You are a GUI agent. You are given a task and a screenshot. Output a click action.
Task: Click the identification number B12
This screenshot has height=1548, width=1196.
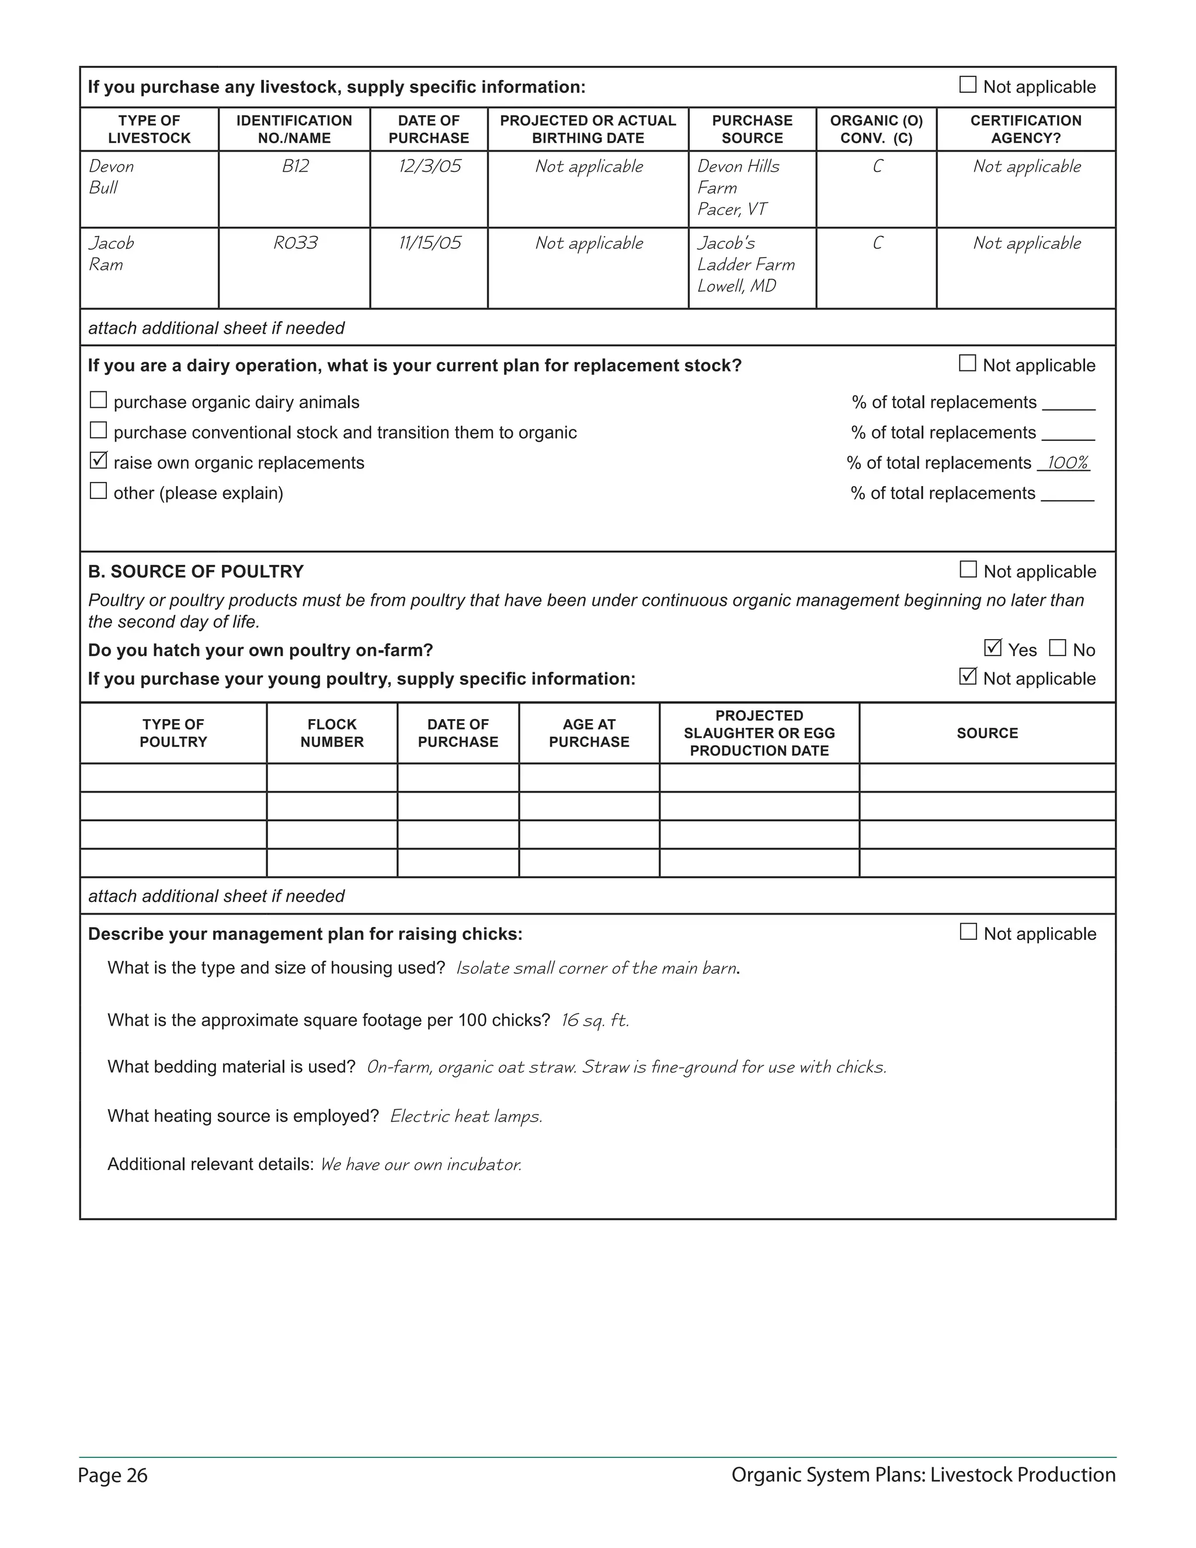tap(295, 166)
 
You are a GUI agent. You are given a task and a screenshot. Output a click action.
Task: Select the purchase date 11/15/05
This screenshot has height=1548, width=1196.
tap(429, 243)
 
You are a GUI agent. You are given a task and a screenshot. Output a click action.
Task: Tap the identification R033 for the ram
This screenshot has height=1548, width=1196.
tap(295, 243)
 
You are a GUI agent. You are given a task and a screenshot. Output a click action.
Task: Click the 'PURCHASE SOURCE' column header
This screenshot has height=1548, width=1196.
tap(752, 129)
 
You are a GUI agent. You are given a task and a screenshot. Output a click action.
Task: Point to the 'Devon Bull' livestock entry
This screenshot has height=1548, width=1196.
tap(111, 177)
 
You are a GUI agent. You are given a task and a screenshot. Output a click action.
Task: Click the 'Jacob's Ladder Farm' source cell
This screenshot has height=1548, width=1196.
tap(745, 265)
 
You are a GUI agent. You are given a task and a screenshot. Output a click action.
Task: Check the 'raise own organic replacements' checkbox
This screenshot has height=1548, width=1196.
tap(99, 461)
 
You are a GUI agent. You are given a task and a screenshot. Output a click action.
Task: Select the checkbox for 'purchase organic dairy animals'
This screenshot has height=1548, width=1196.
tap(99, 401)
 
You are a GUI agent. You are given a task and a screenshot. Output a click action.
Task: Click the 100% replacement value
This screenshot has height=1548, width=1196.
tap(1067, 463)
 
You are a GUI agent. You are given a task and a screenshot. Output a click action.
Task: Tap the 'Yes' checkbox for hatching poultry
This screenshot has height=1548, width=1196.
tap(993, 648)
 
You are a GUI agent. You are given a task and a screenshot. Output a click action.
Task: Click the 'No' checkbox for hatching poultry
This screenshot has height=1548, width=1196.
tap(1057, 648)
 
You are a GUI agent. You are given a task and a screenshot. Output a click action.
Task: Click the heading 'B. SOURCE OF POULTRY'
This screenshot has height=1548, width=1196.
tap(196, 571)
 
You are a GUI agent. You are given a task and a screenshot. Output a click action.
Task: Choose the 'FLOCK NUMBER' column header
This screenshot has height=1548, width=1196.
tap(332, 733)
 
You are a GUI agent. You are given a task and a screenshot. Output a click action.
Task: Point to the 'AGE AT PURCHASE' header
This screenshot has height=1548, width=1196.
tap(589, 733)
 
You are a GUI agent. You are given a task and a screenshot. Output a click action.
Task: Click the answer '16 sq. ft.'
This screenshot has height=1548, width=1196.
tap(594, 1020)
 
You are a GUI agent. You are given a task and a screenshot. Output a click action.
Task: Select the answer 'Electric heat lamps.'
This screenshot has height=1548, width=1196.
tap(466, 1116)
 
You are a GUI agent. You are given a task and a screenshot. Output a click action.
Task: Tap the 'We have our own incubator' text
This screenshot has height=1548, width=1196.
tap(421, 1165)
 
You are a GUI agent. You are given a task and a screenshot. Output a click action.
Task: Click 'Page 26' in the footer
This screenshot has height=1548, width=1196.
tap(113, 1475)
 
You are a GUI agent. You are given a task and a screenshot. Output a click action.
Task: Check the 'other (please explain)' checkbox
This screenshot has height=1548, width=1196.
tap(99, 491)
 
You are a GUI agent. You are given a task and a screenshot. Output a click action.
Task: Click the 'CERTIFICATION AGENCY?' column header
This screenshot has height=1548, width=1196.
tap(1025, 129)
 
